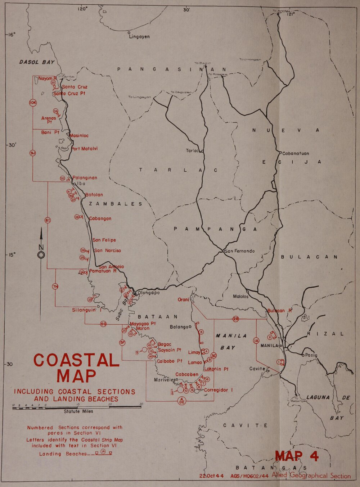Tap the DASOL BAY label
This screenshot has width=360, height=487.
coord(36,62)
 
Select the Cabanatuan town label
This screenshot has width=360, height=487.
coord(296,153)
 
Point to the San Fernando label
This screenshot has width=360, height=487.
coord(240,251)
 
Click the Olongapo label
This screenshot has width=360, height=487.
coord(149,293)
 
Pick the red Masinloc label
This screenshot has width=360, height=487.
coord(79,136)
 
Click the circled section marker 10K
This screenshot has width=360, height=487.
coord(33,103)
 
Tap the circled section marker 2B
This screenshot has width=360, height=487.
coord(236,319)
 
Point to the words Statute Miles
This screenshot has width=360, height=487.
coord(78,411)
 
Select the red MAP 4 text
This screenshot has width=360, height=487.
coord(297,456)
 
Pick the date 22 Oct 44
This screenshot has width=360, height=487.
coord(212,476)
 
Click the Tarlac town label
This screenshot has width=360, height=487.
coord(193,151)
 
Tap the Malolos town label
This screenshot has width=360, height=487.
coord(240,297)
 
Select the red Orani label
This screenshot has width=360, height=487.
coord(183,300)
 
